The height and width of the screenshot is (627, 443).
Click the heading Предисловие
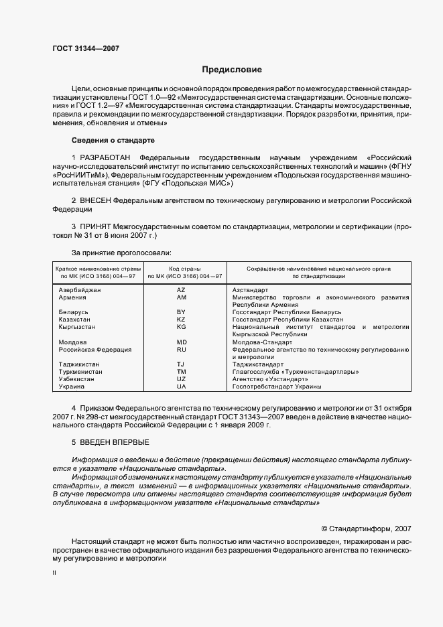[x=233, y=70]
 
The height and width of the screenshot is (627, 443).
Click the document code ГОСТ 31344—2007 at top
[x=86, y=49]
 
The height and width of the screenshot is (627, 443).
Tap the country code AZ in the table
[x=181, y=290]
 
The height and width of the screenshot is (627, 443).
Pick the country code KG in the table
[x=181, y=327]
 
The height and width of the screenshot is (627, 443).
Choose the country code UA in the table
[x=181, y=387]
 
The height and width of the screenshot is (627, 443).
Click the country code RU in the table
[x=181, y=350]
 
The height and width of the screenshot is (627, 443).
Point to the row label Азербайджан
[x=80, y=290]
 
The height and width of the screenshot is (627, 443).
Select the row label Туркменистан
[x=81, y=372]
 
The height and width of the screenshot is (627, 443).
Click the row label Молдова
[x=72, y=342]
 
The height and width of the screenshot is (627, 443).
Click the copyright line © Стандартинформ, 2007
[x=367, y=528]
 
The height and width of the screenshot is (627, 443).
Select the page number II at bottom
[x=55, y=573]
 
